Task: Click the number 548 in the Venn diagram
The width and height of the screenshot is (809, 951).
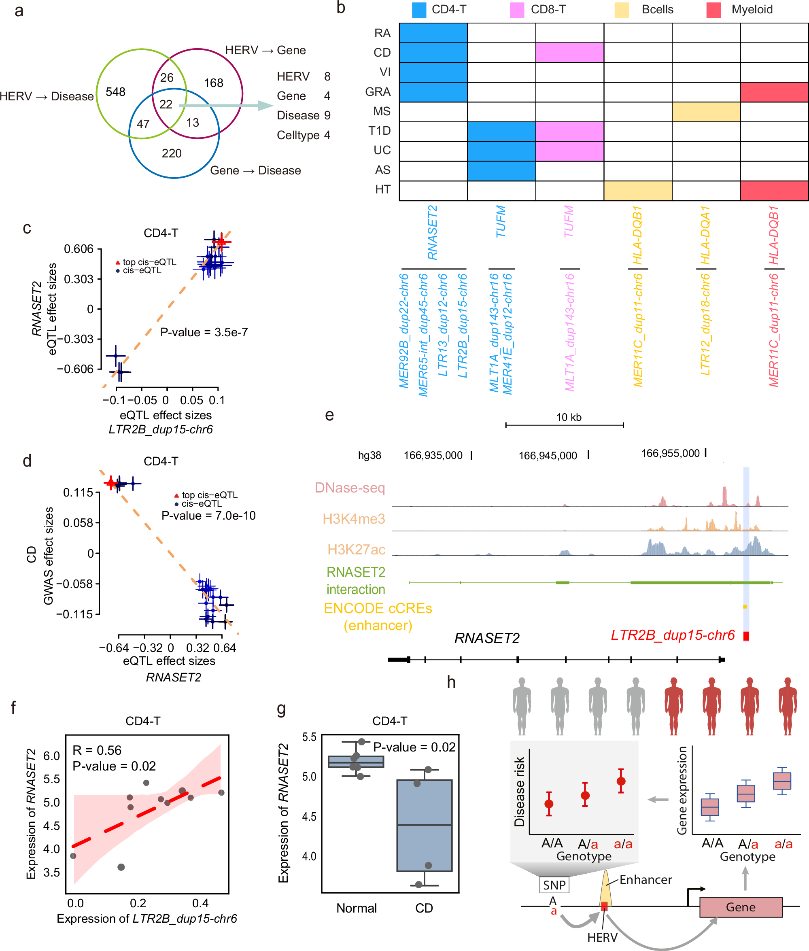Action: pos(116,92)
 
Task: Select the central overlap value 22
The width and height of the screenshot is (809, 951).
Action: pos(166,104)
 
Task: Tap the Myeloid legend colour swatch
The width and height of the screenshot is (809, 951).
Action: pos(713,10)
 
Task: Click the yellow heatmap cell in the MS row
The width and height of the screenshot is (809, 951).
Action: pos(706,112)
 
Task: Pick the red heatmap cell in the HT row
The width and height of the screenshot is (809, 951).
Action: pos(774,191)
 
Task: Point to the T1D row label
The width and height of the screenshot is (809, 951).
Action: pos(379,131)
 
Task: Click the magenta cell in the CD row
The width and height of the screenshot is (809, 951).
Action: pos(569,53)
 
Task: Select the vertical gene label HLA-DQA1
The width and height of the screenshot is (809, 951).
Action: pos(705,235)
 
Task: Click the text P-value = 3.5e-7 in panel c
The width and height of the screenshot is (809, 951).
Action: pos(204,332)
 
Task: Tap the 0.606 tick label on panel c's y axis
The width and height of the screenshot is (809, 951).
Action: pos(79,249)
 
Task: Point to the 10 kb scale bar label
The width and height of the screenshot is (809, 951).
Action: pos(569,417)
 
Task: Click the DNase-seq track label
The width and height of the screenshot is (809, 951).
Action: pos(350,488)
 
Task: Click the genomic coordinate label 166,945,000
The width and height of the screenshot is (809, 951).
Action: pos(548,456)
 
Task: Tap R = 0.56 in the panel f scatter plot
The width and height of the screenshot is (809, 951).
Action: pos(97,750)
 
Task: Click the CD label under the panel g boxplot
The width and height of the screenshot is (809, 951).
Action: pos(424,909)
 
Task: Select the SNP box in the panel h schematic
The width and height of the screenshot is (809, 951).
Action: pos(554,885)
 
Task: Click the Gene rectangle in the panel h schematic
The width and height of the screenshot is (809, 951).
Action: pos(740,907)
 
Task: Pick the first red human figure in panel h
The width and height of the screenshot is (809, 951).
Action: pos(673,706)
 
